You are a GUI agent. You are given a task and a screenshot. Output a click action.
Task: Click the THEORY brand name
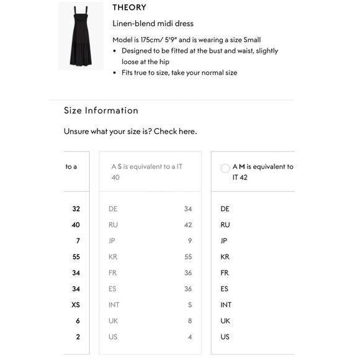[x=129, y=7]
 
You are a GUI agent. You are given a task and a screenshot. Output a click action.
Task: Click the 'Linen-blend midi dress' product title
[x=153, y=24]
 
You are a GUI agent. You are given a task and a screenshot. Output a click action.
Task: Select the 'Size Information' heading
[x=101, y=110]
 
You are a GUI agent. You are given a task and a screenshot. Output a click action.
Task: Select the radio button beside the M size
[x=225, y=168]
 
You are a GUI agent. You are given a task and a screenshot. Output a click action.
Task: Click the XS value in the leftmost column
[x=75, y=305]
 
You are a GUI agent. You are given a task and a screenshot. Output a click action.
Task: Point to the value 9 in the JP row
[x=189, y=241]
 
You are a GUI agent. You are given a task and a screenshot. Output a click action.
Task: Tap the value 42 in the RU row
[x=187, y=225]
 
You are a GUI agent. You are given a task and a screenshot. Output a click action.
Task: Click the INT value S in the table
[x=189, y=305]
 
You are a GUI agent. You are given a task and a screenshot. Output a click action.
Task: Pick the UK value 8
[x=189, y=321]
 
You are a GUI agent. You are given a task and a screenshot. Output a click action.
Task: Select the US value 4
[x=189, y=337]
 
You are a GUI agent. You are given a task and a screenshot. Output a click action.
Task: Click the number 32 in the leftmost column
[x=76, y=209]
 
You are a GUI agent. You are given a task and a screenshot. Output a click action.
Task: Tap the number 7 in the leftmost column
[x=78, y=241]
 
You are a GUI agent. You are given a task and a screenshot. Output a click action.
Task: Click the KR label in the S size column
[x=113, y=257]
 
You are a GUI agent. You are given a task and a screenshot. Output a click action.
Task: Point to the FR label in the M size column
[x=225, y=273]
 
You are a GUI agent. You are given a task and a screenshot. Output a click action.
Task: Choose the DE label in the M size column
[x=225, y=209]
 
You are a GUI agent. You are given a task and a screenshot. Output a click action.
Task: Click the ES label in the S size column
[x=112, y=289]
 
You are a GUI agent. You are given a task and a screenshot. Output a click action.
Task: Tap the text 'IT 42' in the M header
[x=240, y=178]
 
